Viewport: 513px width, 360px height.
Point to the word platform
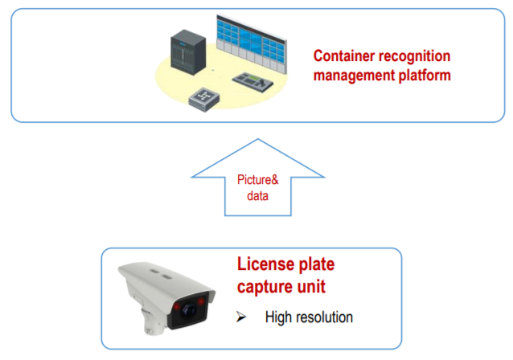(423, 76)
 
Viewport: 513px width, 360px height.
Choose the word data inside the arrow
(256, 195)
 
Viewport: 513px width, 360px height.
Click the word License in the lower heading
(264, 265)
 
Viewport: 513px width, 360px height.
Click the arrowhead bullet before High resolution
(242, 317)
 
